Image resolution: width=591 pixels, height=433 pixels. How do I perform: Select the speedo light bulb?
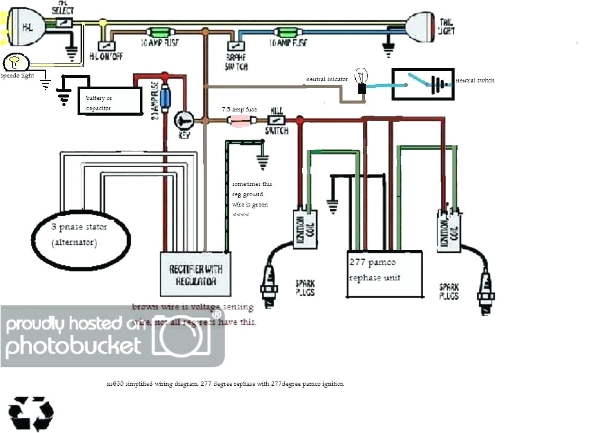[x=12, y=62]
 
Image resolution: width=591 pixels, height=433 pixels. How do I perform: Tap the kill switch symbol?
[x=276, y=121]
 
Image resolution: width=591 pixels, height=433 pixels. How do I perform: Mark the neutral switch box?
[x=422, y=83]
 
